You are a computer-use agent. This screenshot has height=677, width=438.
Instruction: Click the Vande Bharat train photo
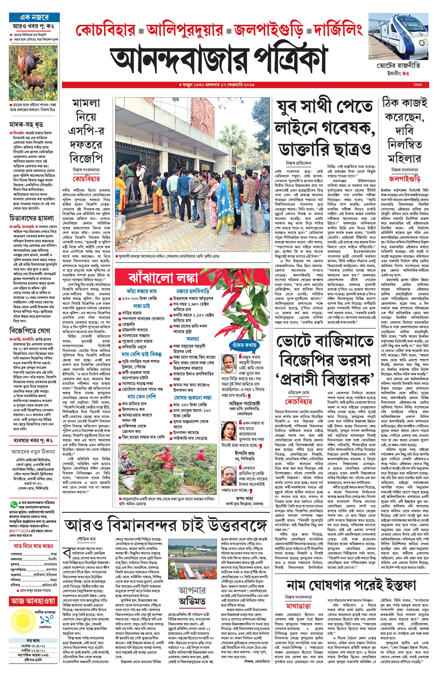pos(398,37)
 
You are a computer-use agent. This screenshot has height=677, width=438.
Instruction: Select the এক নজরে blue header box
pos(34,17)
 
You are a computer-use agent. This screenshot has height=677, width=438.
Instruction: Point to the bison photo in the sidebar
pos(33,73)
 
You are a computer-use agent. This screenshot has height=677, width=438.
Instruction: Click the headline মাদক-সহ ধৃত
pos(26,124)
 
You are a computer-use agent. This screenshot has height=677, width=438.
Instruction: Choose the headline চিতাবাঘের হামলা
pos(31,218)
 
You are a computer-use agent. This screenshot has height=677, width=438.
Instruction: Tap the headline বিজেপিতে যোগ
pos(30,331)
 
